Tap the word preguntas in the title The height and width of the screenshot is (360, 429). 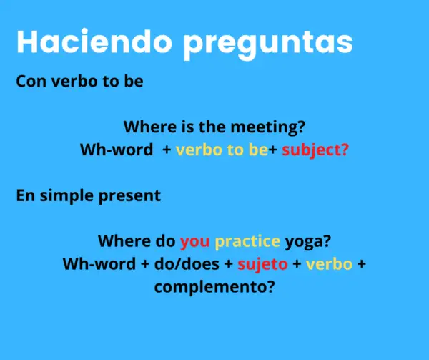267,43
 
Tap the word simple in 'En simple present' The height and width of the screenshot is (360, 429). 71,195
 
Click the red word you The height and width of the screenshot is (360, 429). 194,241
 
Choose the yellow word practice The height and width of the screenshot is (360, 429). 247,241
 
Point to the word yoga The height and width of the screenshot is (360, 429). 307,241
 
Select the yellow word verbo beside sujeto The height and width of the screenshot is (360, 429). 329,264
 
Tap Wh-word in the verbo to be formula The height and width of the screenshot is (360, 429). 115,151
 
